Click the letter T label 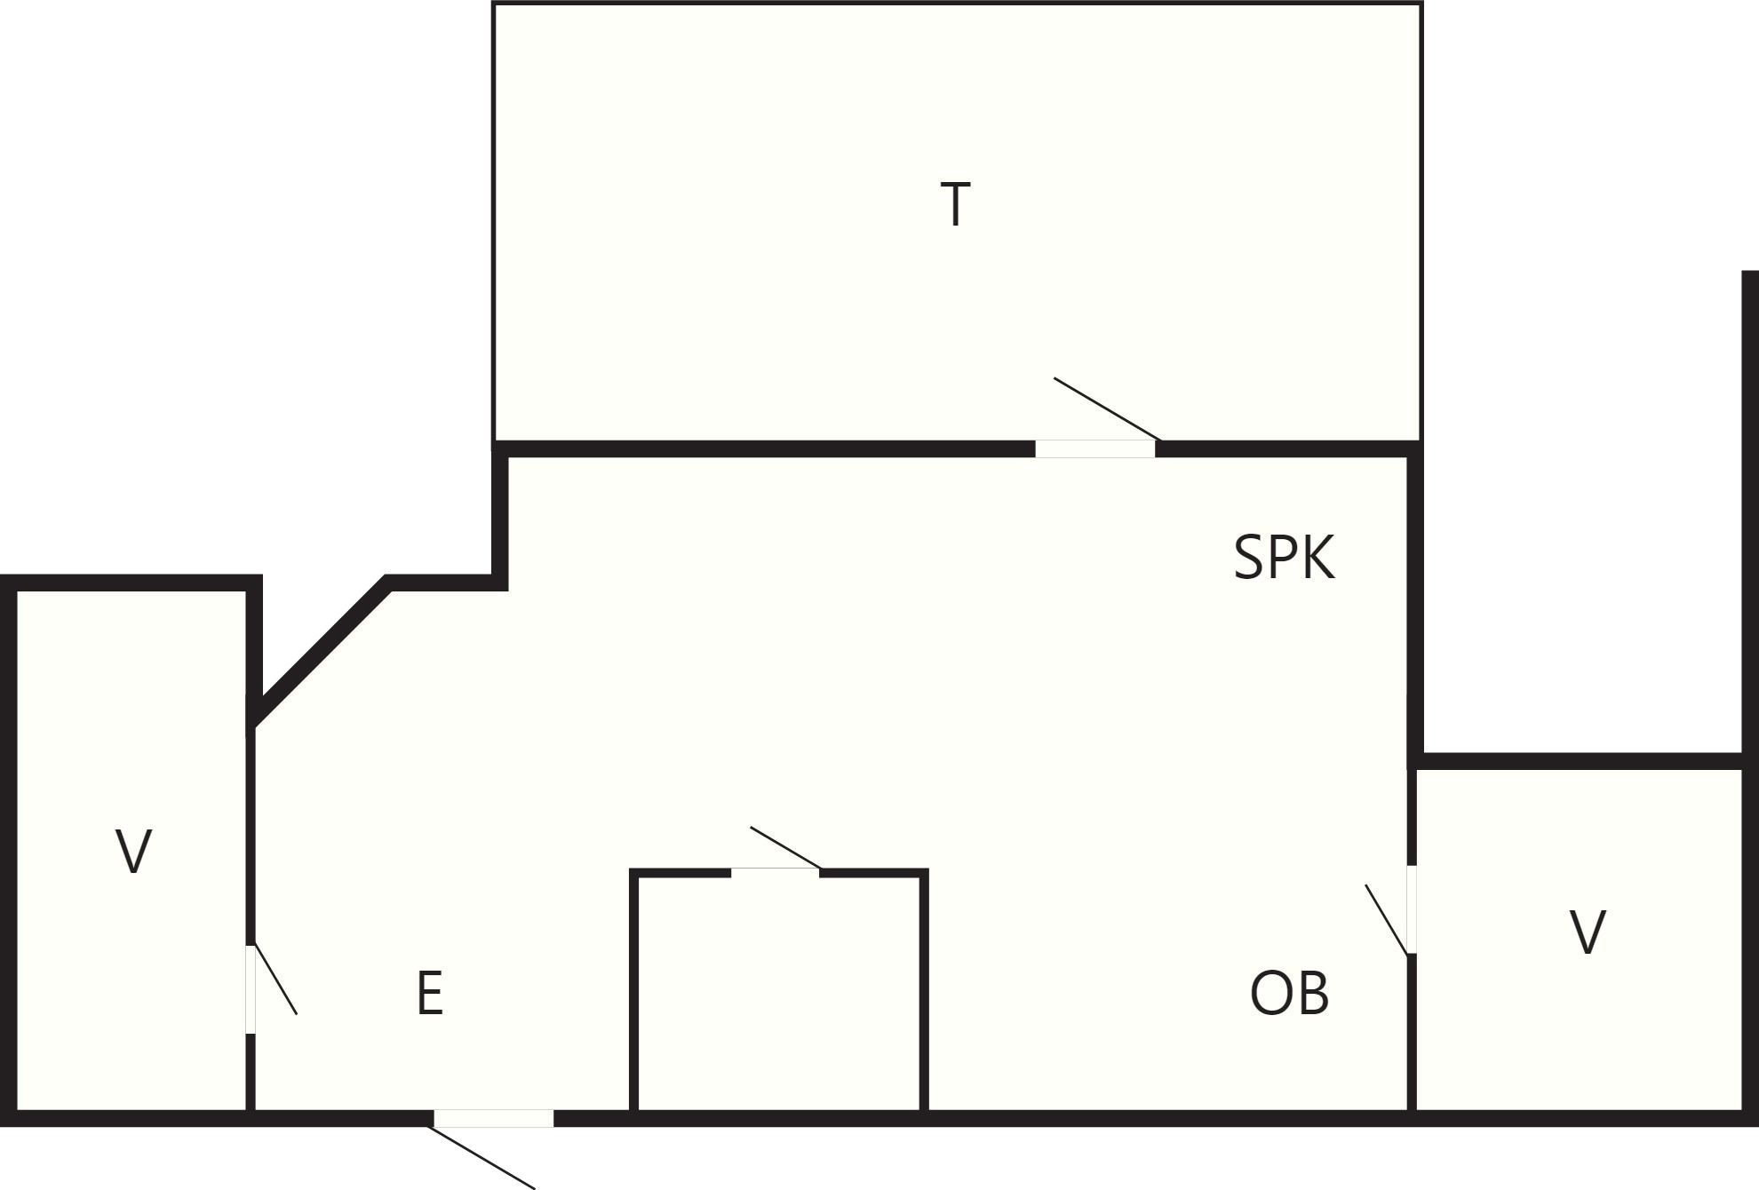pos(955,204)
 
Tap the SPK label pos(1285,558)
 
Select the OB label pos(1289,993)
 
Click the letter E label pos(430,993)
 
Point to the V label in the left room pos(134,852)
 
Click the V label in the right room pos(1588,932)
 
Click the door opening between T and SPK pos(1095,448)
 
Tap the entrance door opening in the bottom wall pos(494,1118)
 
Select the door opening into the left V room pos(251,988)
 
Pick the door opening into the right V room pos(1412,909)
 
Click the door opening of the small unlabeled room pos(776,873)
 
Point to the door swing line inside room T pos(1107,409)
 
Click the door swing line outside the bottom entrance pos(482,1156)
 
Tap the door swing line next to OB pos(1387,919)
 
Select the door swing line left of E pos(275,980)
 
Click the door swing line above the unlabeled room pos(785,847)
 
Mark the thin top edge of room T pos(958,3)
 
